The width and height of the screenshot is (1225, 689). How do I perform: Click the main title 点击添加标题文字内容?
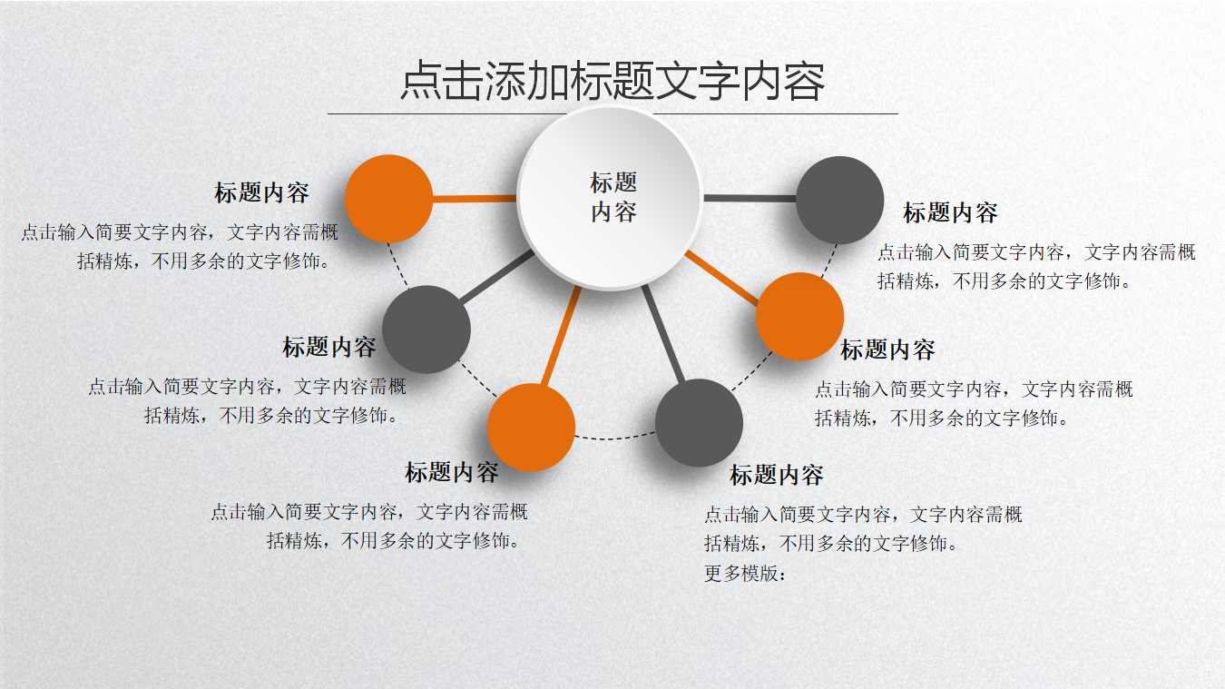pyautogui.click(x=612, y=82)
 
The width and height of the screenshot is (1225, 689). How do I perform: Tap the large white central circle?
pyautogui.click(x=610, y=197)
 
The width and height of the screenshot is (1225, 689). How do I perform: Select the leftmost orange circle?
pyautogui.click(x=389, y=199)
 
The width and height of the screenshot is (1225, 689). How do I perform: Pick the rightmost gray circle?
pyautogui.click(x=839, y=200)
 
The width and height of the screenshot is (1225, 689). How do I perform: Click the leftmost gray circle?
pyautogui.click(x=426, y=330)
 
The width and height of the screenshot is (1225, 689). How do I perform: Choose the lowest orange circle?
pyautogui.click(x=531, y=428)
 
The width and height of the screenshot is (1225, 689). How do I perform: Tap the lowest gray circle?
pyautogui.click(x=699, y=423)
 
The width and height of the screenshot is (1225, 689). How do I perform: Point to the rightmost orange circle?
pyautogui.click(x=799, y=316)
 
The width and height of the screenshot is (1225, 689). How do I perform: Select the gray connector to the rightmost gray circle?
pyautogui.click(x=750, y=199)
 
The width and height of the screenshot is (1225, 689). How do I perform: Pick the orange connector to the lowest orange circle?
pyautogui.click(x=561, y=336)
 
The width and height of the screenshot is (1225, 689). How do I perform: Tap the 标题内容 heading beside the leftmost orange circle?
pyautogui.click(x=261, y=192)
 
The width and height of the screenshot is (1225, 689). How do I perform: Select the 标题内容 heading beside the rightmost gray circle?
pyautogui.click(x=950, y=213)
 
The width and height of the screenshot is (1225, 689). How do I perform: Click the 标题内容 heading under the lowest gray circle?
pyautogui.click(x=777, y=475)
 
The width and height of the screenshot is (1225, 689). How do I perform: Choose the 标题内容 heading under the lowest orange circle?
pyautogui.click(x=451, y=472)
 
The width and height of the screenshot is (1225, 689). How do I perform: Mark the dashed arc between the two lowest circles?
pyautogui.click(x=615, y=438)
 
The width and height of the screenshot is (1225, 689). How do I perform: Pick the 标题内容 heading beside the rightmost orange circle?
pyautogui.click(x=887, y=349)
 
